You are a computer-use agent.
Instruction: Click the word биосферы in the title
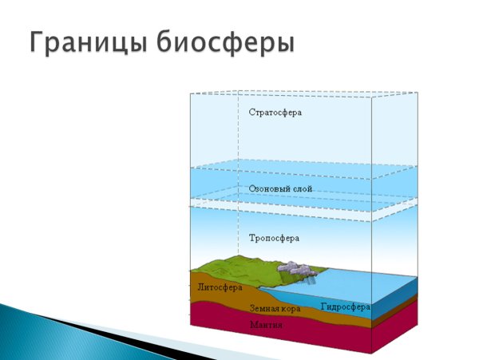pyautogui.click(x=232, y=42)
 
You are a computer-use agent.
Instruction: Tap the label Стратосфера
pyautogui.click(x=275, y=113)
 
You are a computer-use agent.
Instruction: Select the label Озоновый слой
pyautogui.click(x=280, y=189)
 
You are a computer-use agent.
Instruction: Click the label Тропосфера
pyautogui.click(x=274, y=239)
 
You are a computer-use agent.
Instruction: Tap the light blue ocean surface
pyautogui.click(x=359, y=283)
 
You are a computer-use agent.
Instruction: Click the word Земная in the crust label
pyautogui.click(x=264, y=307)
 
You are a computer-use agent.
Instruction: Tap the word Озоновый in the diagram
pyautogui.click(x=268, y=189)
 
